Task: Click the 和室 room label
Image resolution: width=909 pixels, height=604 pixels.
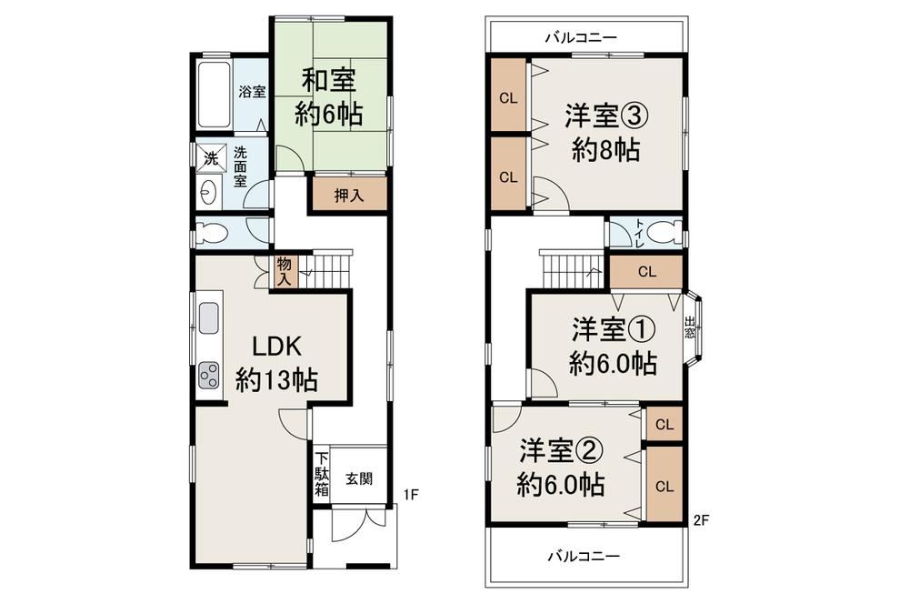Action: point(328,80)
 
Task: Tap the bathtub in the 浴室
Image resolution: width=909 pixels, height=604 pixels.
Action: point(215,95)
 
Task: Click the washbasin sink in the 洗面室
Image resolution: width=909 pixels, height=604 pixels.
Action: point(208,191)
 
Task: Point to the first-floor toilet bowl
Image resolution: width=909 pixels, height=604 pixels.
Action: point(210,233)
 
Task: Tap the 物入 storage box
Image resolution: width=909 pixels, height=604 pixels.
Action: point(285,272)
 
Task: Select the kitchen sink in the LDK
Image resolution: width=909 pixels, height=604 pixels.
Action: point(209,318)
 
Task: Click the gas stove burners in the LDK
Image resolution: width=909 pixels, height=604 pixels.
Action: point(209,375)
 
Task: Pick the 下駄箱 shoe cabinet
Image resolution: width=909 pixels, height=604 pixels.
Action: point(322,474)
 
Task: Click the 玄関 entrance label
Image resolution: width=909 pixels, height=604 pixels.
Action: point(359,479)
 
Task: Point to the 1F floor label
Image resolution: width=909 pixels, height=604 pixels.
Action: point(411,495)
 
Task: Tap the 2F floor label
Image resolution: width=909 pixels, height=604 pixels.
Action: point(701,520)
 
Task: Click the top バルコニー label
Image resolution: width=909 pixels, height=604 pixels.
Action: point(582,38)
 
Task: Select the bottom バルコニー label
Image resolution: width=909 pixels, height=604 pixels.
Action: point(584,557)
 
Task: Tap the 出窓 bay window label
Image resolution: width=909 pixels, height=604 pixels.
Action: point(689,327)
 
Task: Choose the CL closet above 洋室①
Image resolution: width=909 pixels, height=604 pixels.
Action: point(647,272)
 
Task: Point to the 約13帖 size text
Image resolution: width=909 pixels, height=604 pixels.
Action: point(276,381)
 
